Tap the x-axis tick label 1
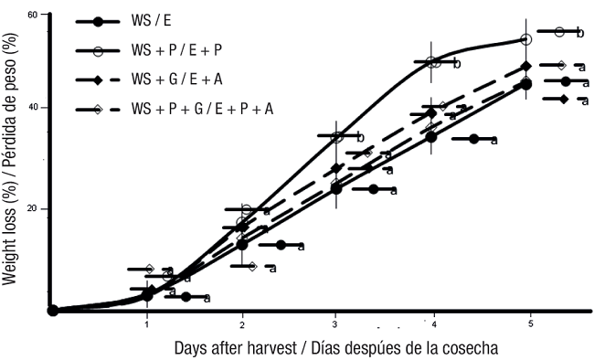147,324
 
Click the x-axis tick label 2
242,324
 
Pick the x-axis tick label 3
336,324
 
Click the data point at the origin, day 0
53,310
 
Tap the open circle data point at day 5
525,39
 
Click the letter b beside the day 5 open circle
579,33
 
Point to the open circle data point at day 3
336,137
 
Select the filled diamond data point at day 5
525,67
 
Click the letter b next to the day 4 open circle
456,64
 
